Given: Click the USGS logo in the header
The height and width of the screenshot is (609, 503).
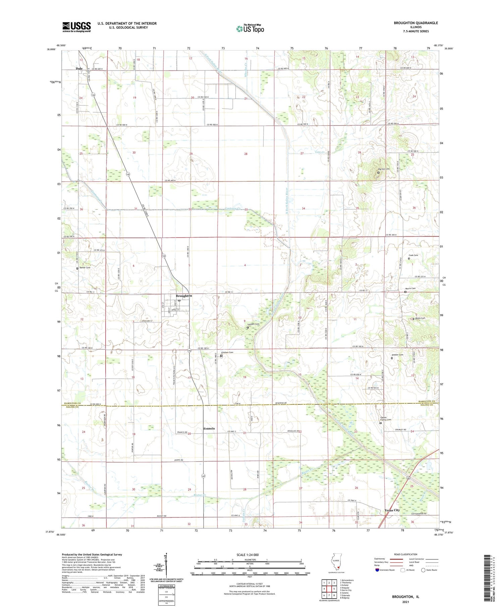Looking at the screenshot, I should tap(76, 27).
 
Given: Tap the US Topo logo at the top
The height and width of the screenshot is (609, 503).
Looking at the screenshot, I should tap(250, 29).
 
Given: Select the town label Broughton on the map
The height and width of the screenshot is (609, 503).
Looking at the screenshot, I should tap(184, 296).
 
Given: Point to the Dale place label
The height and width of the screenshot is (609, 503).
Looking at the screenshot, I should tap(79, 68).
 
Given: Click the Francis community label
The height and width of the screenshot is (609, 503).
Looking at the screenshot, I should tap(209, 428).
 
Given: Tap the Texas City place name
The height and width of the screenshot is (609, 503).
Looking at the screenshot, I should tap(392, 510).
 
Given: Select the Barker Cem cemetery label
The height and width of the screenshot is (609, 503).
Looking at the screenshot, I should tap(85, 268).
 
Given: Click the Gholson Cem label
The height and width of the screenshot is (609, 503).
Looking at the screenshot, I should tap(227, 352).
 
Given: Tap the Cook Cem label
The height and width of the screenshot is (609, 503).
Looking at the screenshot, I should tap(413, 255).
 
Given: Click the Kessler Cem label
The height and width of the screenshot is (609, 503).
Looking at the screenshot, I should tap(397, 355).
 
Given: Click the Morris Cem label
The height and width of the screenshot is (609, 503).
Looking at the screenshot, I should tap(411, 288).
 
